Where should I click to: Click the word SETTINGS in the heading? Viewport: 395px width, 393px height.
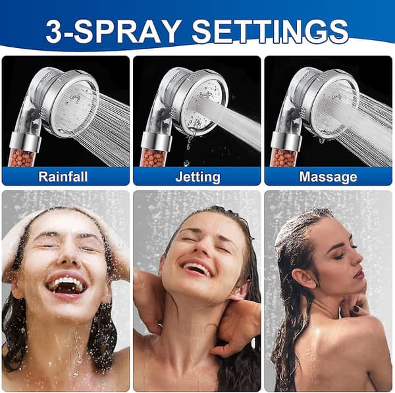[x=270, y=32]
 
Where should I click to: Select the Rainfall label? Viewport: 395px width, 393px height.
[x=63, y=176]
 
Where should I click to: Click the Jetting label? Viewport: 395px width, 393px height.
[x=197, y=177]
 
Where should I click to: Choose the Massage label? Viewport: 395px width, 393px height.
[x=328, y=176]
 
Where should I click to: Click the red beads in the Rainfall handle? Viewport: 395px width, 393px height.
[x=22, y=158]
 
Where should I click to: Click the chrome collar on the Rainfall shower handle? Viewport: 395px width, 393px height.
[x=25, y=142]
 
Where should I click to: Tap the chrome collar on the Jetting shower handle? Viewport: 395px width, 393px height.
[x=157, y=142]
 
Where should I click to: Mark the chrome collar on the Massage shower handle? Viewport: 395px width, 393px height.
[x=286, y=142]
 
